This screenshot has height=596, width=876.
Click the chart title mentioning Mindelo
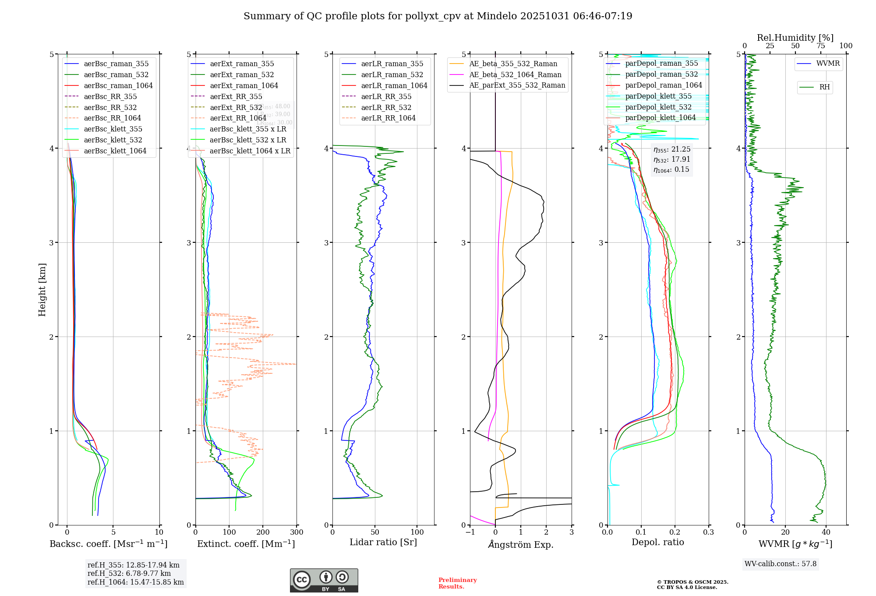tap(438, 16)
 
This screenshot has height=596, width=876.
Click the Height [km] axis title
tap(42, 289)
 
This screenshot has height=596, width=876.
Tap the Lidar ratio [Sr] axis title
tap(383, 542)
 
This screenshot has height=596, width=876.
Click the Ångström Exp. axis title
tap(521, 544)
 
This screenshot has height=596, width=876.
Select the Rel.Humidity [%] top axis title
tap(795, 38)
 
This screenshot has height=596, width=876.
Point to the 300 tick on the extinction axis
tap(297, 532)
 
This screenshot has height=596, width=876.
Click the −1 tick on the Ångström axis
tap(470, 532)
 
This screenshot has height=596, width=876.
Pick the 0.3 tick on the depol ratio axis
tap(709, 532)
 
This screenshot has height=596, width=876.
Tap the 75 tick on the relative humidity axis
tap(821, 46)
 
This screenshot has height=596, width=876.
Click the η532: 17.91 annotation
tap(672, 160)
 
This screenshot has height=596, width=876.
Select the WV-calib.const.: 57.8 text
tap(781, 564)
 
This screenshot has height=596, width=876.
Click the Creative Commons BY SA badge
tap(324, 580)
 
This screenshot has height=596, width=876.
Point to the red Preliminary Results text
tap(457, 583)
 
